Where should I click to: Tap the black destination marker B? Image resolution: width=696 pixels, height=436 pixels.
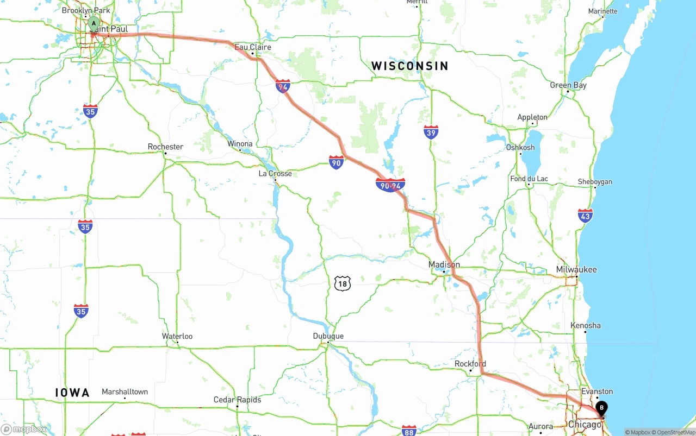(x=601, y=408)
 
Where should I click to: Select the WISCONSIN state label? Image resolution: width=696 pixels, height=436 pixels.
(x=410, y=66)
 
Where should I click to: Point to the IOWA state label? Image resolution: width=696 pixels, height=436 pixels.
(x=72, y=393)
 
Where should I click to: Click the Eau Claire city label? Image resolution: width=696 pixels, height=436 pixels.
(x=253, y=47)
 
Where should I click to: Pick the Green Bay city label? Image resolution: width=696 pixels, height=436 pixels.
(x=568, y=85)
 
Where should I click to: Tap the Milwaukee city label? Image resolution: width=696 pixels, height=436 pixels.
(x=576, y=270)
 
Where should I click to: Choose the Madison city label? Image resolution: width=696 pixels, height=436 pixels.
(x=444, y=265)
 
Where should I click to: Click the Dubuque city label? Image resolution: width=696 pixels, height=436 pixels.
(x=328, y=336)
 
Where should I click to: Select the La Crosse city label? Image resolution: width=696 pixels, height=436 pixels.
(x=275, y=174)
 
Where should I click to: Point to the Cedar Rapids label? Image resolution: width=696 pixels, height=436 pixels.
(x=237, y=400)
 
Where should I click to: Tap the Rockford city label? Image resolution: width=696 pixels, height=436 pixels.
(x=470, y=364)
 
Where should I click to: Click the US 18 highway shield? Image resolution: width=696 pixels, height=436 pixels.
(x=342, y=283)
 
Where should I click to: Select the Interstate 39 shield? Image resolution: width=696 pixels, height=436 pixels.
(x=431, y=132)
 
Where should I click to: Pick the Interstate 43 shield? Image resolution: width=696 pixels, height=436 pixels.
(x=586, y=216)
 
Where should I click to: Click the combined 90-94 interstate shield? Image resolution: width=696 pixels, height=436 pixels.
(x=390, y=185)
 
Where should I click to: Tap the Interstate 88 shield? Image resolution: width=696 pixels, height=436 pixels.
(x=409, y=431)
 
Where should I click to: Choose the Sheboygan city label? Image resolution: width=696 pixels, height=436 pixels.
(x=595, y=182)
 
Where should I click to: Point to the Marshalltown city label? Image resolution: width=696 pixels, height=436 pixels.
(x=125, y=392)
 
